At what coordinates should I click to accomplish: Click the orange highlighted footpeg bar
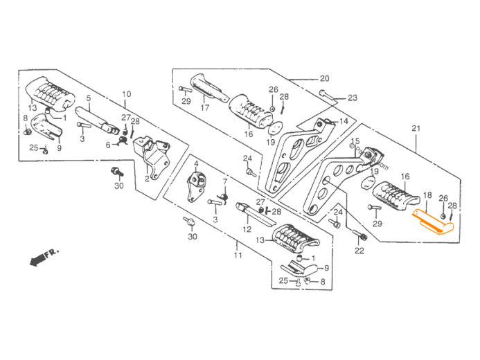point(433,223)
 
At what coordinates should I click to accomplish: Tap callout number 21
point(416,127)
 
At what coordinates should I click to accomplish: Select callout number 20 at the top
point(324,78)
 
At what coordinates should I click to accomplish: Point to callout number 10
point(126,94)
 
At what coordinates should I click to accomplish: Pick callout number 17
point(205,108)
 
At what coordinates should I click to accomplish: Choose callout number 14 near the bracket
point(343,121)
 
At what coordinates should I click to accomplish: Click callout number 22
point(359,251)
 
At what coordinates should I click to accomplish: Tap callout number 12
point(246,228)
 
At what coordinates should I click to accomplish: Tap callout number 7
point(224,181)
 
